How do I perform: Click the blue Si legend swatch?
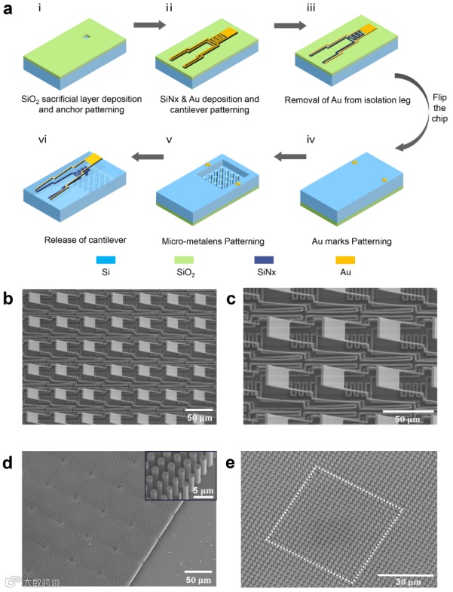coord(94,261)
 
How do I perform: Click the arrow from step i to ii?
coord(148,26)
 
